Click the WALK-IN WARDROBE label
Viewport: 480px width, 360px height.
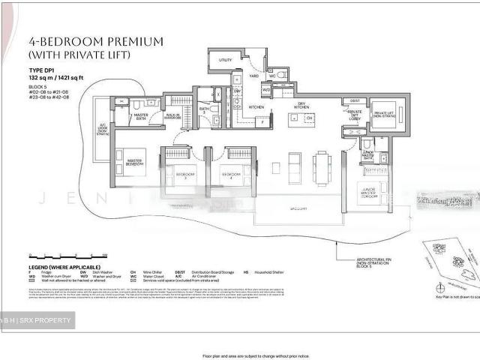click(173, 117)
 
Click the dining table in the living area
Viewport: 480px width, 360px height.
click(322, 167)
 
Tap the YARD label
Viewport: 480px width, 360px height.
click(253, 76)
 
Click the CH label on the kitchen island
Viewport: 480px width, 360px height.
click(308, 118)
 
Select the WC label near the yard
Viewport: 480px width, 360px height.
click(272, 76)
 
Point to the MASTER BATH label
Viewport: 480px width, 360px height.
click(141, 115)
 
